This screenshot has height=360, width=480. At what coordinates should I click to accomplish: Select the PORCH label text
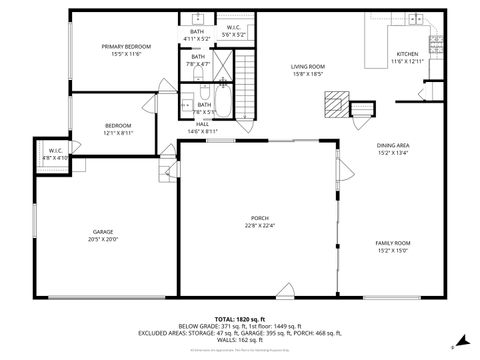coord(259,218)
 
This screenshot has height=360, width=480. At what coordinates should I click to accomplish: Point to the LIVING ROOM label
coord(308,67)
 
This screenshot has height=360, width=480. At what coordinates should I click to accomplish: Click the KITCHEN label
coord(407,54)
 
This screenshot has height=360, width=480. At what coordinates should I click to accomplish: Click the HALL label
coord(202,124)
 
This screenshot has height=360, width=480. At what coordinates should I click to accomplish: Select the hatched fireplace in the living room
coord(338,103)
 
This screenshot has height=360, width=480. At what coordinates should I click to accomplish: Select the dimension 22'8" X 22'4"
coord(259,226)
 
